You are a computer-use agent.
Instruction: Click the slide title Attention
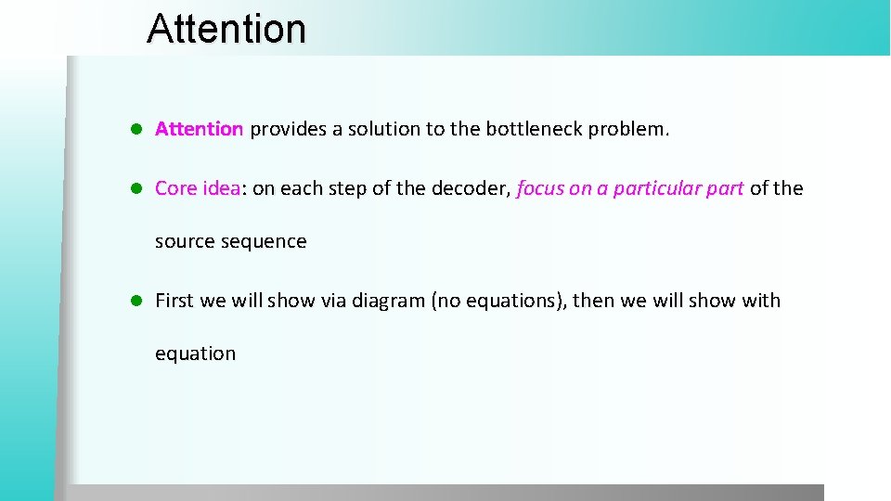[226, 28]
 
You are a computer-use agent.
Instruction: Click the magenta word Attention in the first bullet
[199, 129]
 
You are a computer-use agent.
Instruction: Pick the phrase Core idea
[198, 188]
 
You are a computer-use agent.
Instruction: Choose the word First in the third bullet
[174, 301]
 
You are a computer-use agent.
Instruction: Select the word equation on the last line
[195, 353]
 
